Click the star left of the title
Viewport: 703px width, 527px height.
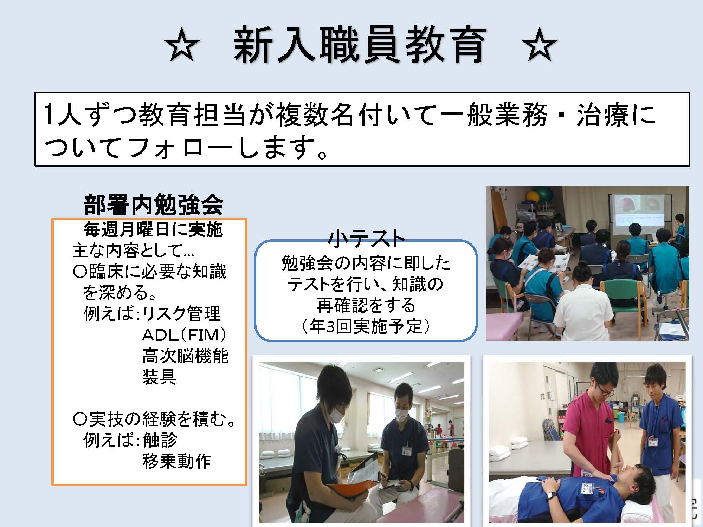point(181,46)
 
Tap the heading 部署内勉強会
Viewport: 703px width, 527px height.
point(154,204)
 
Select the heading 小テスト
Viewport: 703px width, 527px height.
point(366,238)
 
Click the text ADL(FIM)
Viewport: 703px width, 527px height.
point(184,335)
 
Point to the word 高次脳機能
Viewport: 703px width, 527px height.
point(186,356)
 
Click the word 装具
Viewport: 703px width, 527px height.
point(159,377)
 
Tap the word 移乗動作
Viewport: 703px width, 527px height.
point(176,461)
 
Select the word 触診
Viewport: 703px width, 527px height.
point(160,440)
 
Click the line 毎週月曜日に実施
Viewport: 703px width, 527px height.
point(153,229)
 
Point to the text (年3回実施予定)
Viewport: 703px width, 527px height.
point(366,327)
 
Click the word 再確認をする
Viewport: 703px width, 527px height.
point(366,305)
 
